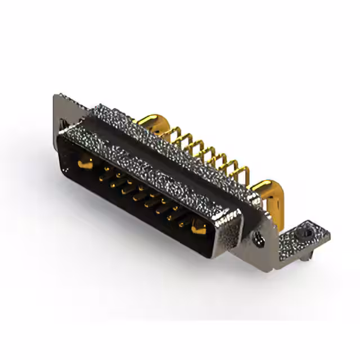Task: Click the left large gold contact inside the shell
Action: click(84, 164)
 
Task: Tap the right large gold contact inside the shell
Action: click(198, 229)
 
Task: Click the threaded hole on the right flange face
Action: click(259, 240)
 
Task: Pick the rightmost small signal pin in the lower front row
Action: click(181, 223)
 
